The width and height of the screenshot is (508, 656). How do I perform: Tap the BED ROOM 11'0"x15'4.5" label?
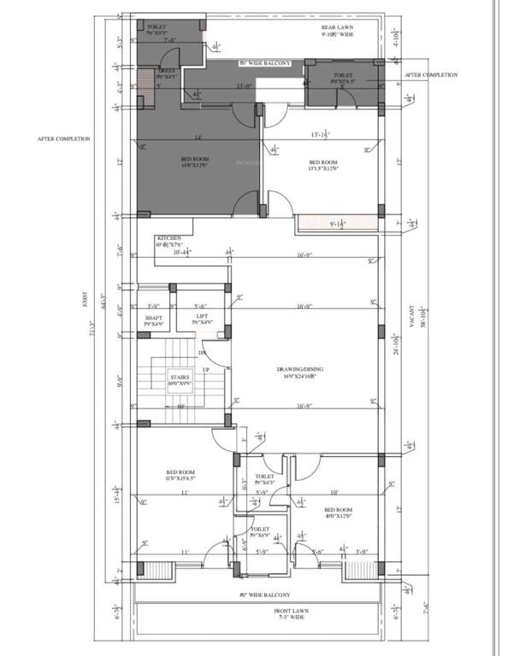pyautogui.click(x=180, y=476)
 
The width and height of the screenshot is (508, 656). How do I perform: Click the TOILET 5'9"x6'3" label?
pyautogui.click(x=264, y=480)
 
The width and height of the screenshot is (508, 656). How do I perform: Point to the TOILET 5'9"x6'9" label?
pyautogui.click(x=260, y=532)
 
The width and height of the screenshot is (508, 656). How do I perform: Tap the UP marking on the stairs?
pyautogui.click(x=205, y=369)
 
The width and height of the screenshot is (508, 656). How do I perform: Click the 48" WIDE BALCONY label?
pyautogui.click(x=264, y=594)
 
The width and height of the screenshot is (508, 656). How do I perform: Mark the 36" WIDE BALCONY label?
pyautogui.click(x=265, y=63)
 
